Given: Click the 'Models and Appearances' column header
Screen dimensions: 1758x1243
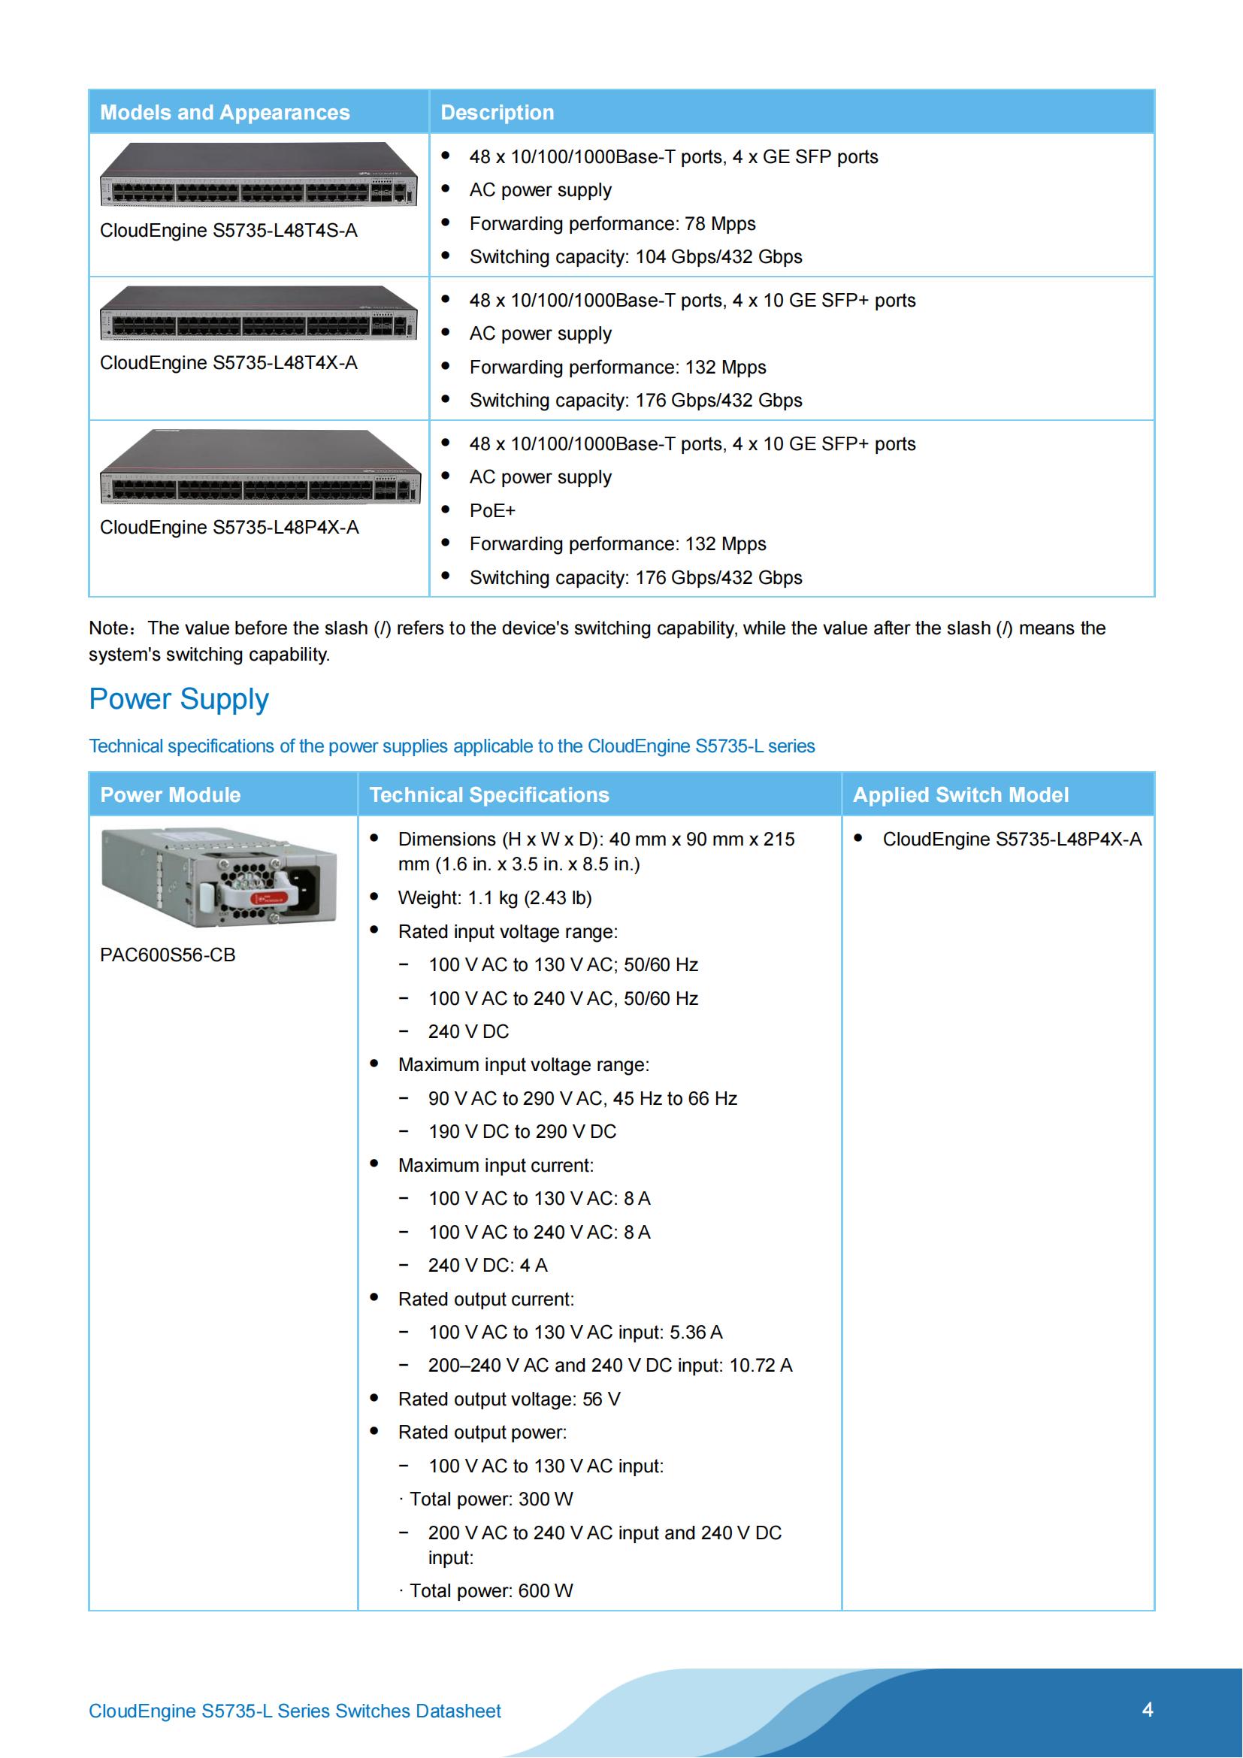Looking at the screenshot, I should coord(224,113).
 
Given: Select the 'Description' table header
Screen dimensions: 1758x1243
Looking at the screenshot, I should coord(497,113).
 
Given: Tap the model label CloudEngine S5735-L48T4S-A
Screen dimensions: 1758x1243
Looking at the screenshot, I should coord(228,231).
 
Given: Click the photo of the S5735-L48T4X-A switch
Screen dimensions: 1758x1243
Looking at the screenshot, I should coord(259,313).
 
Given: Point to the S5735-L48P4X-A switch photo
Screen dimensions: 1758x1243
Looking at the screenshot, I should coord(259,466).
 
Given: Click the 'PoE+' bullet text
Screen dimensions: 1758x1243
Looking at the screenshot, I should coord(492,510).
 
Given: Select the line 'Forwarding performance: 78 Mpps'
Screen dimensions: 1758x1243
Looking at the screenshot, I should coord(612,223).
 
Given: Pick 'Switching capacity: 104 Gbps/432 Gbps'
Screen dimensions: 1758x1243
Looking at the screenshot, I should coord(635,257).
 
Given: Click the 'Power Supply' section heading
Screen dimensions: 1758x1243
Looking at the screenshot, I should coord(178,699).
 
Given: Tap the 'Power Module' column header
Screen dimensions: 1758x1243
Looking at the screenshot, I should coord(170,794).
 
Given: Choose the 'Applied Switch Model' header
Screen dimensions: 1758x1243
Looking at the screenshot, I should coord(960,794).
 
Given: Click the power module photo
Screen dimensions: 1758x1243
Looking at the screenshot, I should coord(219,876).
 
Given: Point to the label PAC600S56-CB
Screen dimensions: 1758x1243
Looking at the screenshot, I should coord(168,955).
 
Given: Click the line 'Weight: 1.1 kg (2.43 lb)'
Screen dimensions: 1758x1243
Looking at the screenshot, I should coord(494,898).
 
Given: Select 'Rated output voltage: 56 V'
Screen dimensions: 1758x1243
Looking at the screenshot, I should coord(509,1399).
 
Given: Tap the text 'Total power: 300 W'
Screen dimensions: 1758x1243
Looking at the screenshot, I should coord(491,1499).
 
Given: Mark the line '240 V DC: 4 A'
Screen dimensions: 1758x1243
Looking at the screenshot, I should coord(488,1266).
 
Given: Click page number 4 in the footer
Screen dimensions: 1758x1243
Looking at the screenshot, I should coord(1147,1710).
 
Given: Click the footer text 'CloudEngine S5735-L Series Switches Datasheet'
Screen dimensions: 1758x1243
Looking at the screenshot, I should coord(295,1711).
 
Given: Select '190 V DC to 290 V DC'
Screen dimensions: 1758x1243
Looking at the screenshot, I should coord(522,1132).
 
